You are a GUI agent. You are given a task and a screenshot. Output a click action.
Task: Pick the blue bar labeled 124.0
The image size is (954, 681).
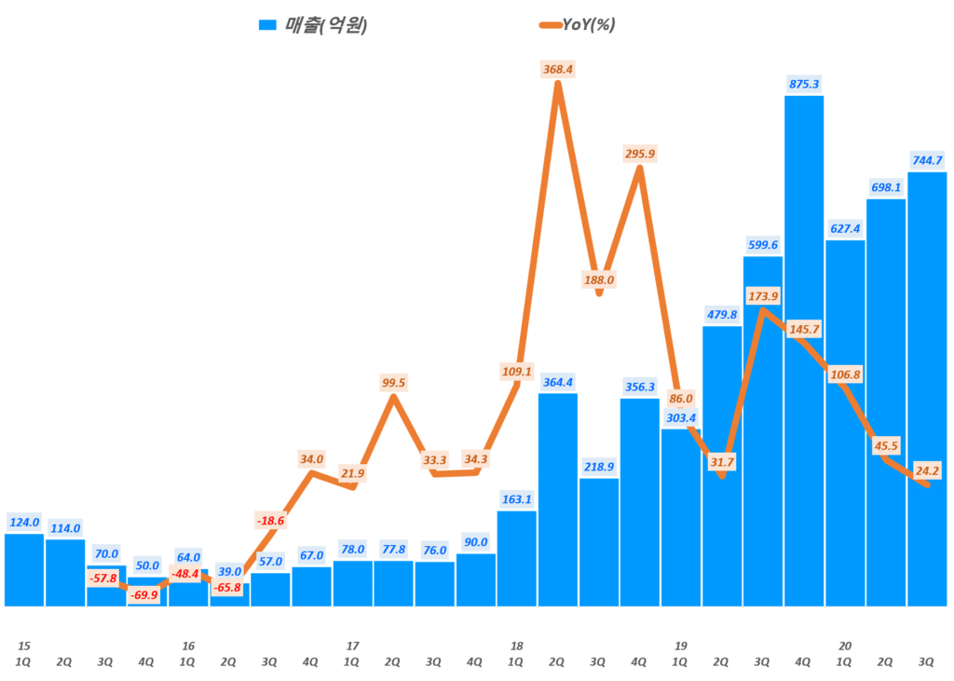click(x=23, y=569)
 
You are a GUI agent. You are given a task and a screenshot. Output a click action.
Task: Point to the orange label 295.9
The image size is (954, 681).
click(x=638, y=154)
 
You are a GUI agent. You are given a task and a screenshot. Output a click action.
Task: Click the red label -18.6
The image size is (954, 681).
click(x=270, y=520)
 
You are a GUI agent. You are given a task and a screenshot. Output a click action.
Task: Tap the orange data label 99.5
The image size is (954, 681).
click(x=393, y=383)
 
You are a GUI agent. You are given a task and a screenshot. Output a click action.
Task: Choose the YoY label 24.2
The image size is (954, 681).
click(x=926, y=470)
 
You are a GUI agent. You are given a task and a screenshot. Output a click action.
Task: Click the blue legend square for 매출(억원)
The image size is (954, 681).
click(x=267, y=25)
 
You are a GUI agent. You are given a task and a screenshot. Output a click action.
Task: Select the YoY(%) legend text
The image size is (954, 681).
click(x=589, y=25)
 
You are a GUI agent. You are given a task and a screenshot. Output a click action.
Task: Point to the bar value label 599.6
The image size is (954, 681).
click(x=762, y=245)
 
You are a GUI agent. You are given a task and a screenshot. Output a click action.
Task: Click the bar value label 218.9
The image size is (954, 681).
click(x=598, y=466)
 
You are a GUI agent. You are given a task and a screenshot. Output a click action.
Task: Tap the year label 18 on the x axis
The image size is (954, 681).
click(x=516, y=646)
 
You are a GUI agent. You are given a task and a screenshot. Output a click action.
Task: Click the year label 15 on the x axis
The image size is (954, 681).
click(x=24, y=646)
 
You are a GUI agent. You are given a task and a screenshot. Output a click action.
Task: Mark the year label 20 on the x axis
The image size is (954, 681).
click(x=845, y=646)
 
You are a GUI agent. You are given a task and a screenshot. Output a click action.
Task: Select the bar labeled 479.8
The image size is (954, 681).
click(x=721, y=466)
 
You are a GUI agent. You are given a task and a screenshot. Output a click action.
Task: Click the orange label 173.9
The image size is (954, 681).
click(x=764, y=296)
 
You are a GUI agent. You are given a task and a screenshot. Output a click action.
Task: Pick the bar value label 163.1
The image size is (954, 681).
click(x=516, y=498)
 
